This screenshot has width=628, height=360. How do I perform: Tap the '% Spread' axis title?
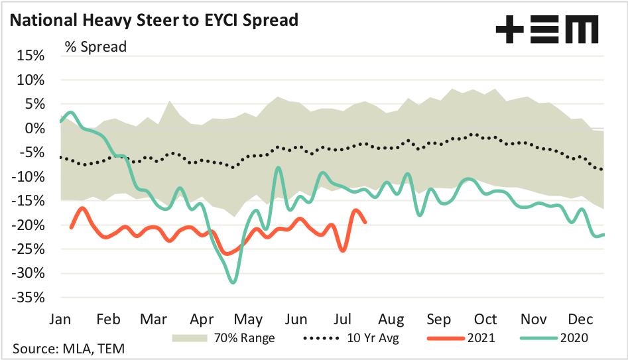click(95, 47)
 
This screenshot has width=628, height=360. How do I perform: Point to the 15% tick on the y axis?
click(30, 56)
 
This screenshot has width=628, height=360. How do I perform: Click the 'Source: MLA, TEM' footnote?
click(68, 349)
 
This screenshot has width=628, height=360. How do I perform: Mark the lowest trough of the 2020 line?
click(233, 282)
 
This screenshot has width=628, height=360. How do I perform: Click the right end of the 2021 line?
click(366, 222)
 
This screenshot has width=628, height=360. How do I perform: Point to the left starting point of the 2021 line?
click(71, 227)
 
